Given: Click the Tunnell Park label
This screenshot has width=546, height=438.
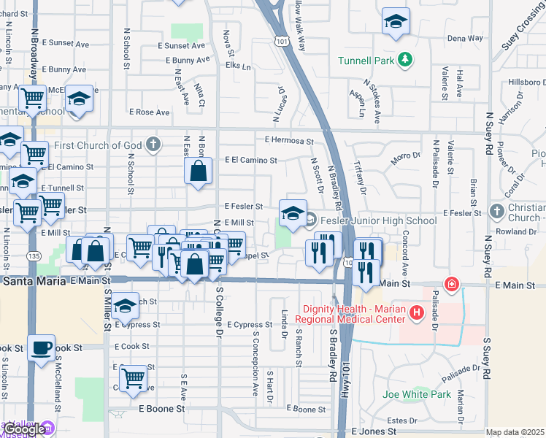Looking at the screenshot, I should (366, 61).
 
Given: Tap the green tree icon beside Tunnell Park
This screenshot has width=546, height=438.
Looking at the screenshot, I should (403, 61).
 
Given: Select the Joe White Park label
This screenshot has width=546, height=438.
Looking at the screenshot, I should (416, 395).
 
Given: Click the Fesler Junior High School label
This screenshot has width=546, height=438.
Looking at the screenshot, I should (377, 220).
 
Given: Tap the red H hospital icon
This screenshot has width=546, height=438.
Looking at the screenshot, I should (417, 313).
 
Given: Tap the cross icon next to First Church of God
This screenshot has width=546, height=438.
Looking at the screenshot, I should (153, 143).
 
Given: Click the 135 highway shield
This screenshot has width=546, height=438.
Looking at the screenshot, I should (32, 256).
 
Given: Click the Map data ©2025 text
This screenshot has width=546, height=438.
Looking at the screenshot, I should (515, 433).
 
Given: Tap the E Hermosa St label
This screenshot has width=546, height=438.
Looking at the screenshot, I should (289, 141).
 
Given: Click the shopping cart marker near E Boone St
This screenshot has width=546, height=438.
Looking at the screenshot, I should (133, 378).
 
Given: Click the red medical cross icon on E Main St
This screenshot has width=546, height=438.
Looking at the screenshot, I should (452, 283).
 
